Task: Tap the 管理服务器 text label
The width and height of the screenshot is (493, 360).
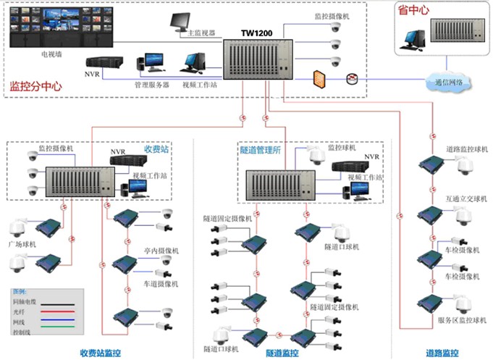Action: pyautogui.click(x=151, y=85)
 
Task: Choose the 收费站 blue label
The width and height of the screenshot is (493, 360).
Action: pyautogui.click(x=156, y=148)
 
